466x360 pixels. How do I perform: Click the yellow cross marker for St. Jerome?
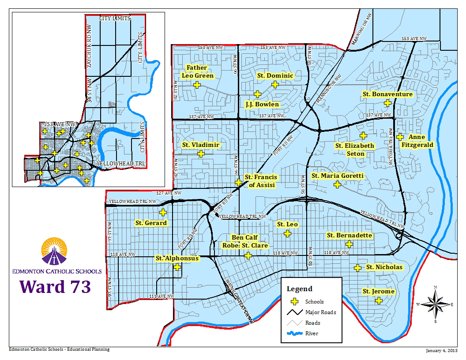pos(378,300)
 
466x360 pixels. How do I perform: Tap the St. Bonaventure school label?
pos(387,94)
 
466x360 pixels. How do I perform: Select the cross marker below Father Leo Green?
pos(197,85)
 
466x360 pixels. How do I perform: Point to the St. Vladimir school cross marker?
pos(201,154)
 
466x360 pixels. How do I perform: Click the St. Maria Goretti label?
pos(338,176)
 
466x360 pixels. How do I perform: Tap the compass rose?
pos(435,304)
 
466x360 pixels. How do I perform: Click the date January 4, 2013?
pos(441,351)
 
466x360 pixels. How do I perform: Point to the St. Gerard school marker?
pos(163,212)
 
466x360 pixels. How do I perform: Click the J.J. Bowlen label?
pos(262,105)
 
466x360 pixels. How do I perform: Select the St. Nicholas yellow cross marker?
pos(357,267)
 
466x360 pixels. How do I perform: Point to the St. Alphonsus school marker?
pos(177,266)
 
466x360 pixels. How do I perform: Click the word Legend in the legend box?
pos(300,289)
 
